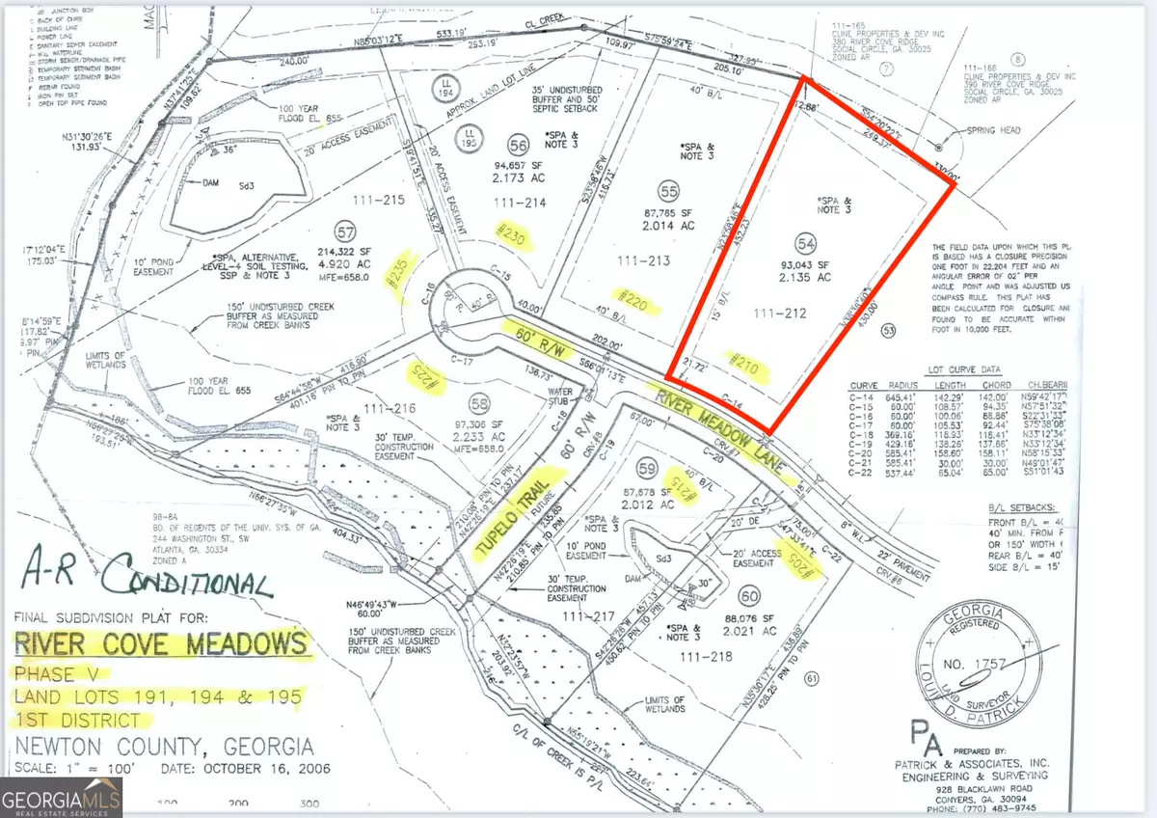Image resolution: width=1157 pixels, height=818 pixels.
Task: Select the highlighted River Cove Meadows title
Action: tap(165, 643)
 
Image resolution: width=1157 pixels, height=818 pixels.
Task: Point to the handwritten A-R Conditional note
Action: tap(145, 580)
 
